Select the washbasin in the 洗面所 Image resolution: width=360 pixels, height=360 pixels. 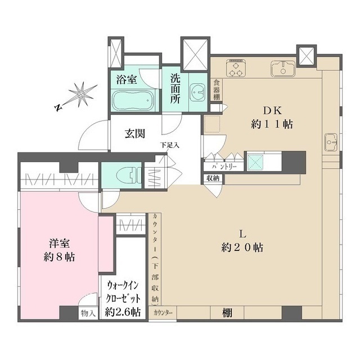[197, 92]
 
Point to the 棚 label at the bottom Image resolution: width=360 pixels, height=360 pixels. [226, 312]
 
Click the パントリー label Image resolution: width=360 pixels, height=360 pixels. [224, 167]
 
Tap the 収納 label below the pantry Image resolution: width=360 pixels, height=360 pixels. [213, 178]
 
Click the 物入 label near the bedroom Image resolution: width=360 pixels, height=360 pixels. [88, 312]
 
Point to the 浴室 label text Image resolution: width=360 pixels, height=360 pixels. [127, 79]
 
